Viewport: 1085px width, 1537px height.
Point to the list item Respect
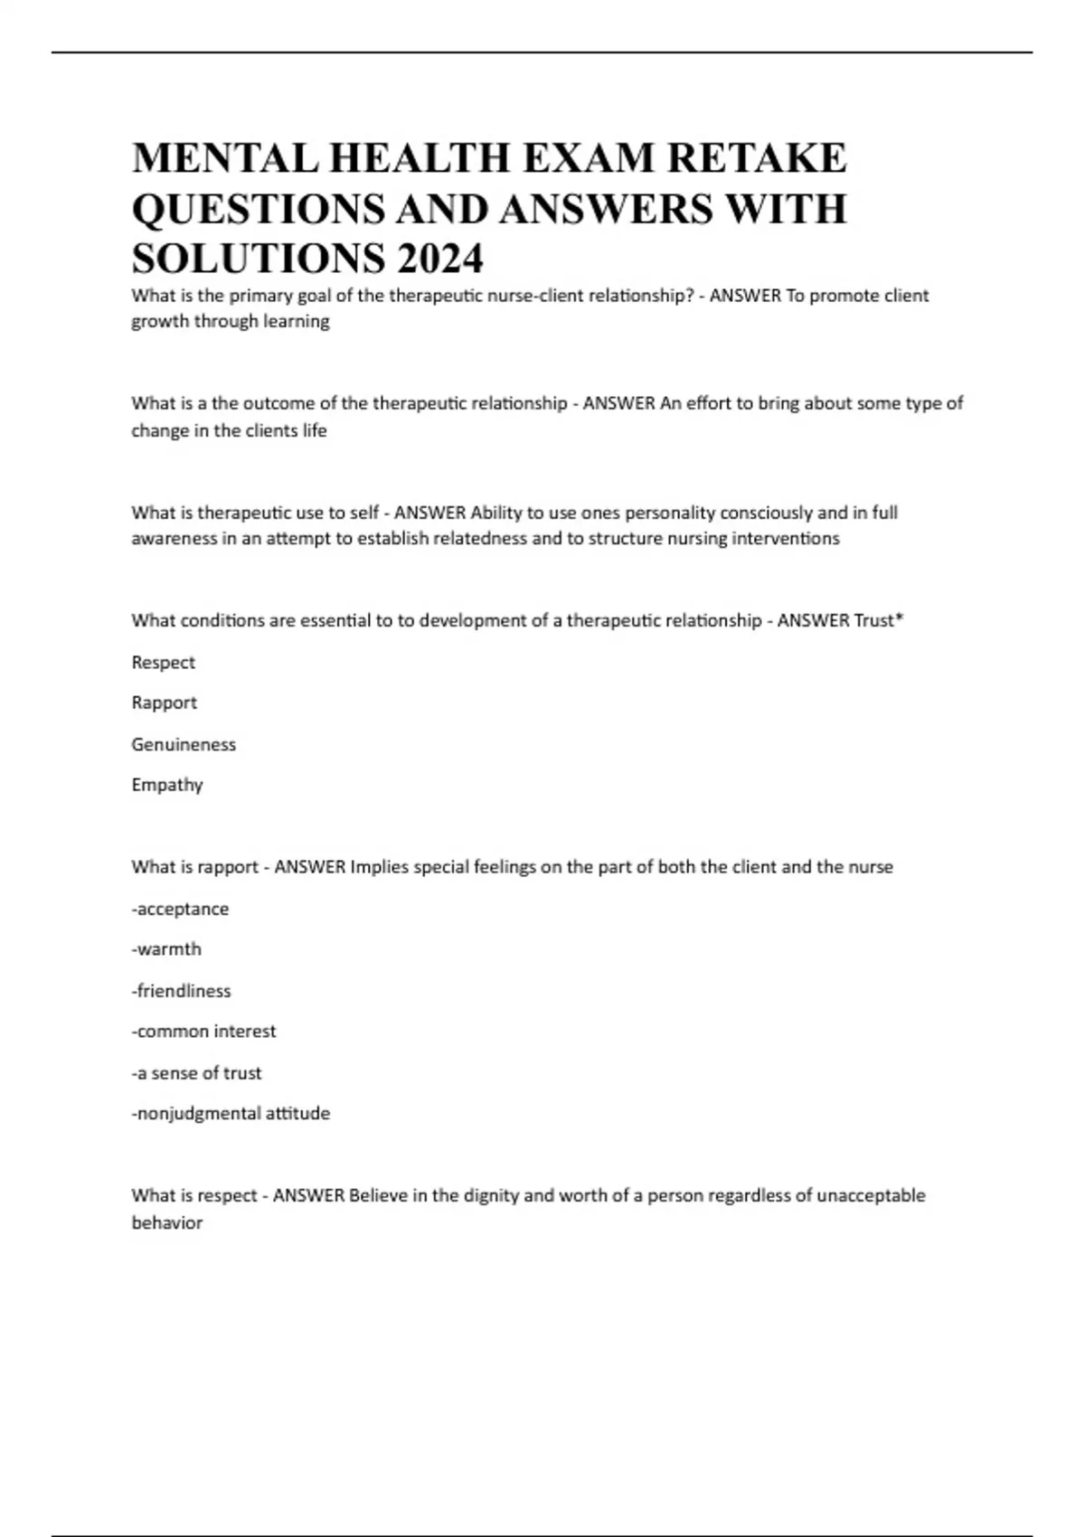click(163, 663)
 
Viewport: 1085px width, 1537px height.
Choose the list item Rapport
click(164, 702)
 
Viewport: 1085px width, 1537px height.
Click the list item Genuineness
click(184, 744)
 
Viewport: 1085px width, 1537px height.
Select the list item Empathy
click(166, 785)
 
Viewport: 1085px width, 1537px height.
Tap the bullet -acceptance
click(180, 909)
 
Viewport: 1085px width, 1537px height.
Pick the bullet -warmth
click(166, 949)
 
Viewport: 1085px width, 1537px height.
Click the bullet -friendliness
click(181, 991)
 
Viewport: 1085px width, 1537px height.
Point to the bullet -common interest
click(203, 1032)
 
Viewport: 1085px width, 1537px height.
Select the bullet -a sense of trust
click(196, 1073)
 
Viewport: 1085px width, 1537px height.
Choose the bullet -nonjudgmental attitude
click(231, 1114)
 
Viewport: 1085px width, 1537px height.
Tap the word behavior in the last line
click(167, 1223)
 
